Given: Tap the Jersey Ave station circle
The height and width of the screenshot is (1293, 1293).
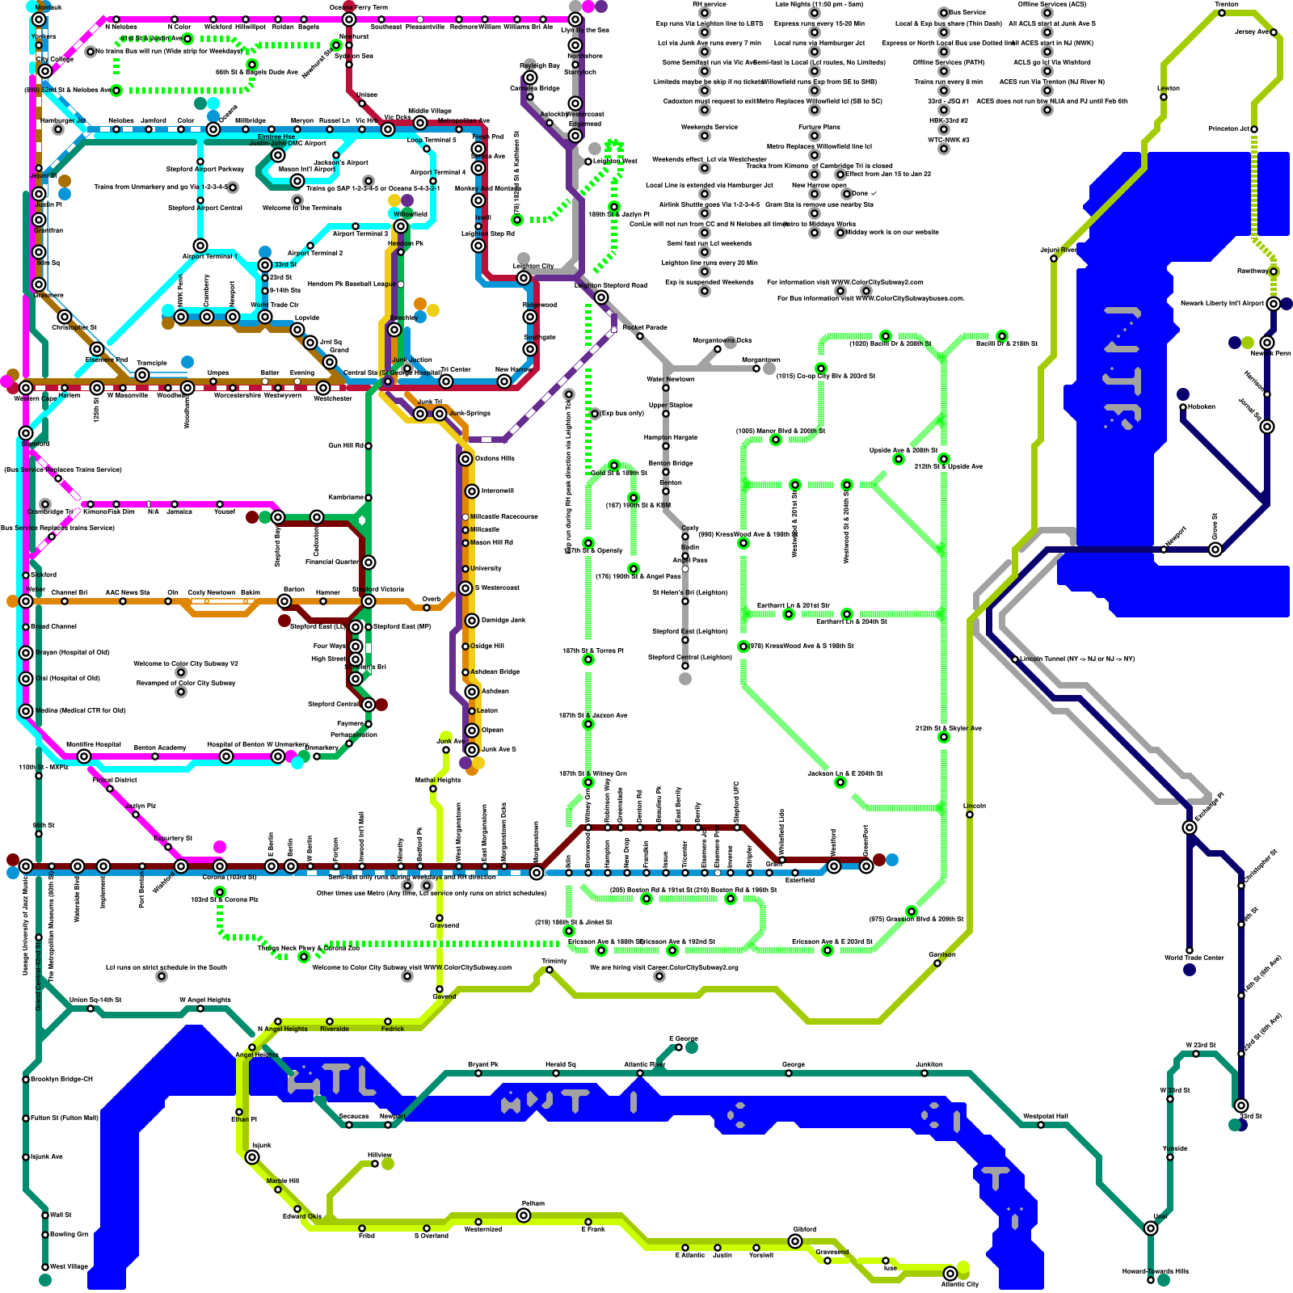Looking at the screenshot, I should (1274, 32).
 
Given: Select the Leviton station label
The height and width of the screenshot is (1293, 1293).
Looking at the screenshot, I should (1169, 88).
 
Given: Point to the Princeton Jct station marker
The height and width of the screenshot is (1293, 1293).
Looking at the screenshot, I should (1255, 129).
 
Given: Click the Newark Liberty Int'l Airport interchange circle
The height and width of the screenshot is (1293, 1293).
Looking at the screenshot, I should (1274, 304).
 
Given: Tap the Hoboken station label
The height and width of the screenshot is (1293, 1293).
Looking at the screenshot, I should (1202, 406).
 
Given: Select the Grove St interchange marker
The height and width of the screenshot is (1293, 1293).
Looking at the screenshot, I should (1215, 550).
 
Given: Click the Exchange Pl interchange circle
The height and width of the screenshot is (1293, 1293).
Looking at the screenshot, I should (1190, 828).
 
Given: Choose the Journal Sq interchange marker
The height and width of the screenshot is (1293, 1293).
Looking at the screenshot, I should (1267, 427).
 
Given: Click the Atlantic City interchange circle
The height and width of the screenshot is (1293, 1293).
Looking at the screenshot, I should (950, 1274).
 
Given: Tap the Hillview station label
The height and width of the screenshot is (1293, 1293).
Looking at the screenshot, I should (380, 1155).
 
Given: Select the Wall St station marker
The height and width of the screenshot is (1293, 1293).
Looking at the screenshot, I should (45, 1215).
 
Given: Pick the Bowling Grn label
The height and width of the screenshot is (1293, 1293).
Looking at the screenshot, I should (69, 1234).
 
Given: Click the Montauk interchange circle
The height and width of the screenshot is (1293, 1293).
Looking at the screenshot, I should (39, 19).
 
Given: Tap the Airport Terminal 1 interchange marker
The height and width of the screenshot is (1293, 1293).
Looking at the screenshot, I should (200, 246).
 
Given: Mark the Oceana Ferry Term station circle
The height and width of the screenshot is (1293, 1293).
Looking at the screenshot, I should (349, 19).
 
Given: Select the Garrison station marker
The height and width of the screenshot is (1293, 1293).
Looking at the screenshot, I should (937, 963).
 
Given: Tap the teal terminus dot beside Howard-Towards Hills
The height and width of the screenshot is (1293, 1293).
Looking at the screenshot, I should (1164, 1280).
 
